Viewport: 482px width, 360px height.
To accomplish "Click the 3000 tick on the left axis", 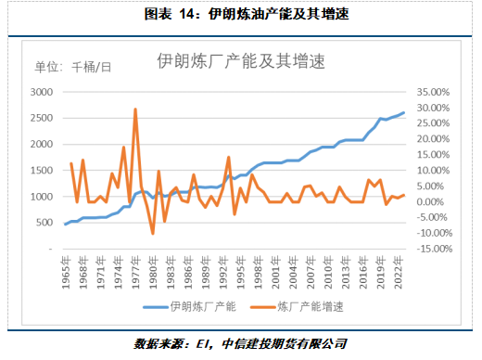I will (42, 92).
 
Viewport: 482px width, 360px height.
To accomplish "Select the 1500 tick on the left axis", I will (42, 171).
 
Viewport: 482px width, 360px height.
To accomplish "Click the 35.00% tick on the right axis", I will (431, 92).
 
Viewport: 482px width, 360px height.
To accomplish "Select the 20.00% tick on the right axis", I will (431, 139).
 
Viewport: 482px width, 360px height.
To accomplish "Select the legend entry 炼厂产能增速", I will (299, 305).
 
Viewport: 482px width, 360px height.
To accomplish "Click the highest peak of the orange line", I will (135, 109).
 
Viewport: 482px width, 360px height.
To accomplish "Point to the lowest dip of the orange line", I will (153, 233).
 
